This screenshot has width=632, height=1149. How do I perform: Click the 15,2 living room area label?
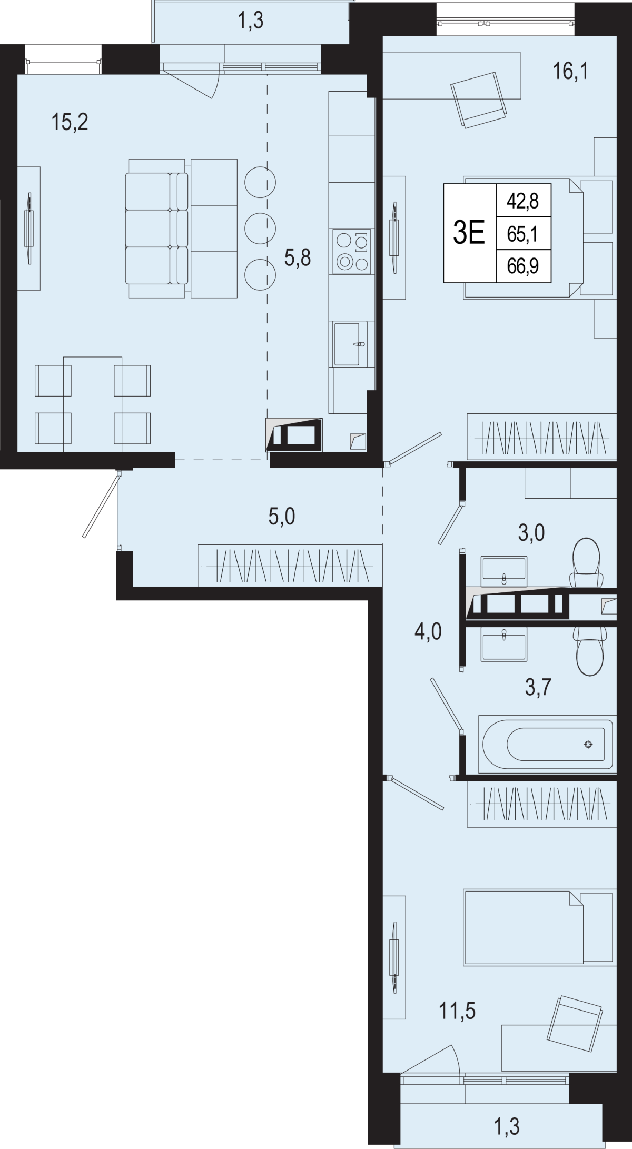[x=69, y=122]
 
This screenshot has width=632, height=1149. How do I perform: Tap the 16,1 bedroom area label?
[x=570, y=71]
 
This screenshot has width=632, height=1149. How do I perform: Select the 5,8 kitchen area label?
[x=298, y=258]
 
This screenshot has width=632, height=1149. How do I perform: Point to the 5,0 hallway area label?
[x=282, y=517]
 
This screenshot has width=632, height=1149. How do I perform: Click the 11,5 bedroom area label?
[x=457, y=1011]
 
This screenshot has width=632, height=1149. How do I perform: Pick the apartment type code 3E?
[x=469, y=233]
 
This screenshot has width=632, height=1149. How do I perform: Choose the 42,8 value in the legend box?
[x=522, y=201]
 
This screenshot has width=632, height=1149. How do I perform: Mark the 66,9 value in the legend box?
[x=522, y=266]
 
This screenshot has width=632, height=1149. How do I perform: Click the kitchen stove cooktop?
[x=351, y=252]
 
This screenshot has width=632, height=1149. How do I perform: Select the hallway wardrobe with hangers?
[x=290, y=565]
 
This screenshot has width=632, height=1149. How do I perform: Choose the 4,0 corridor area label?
[x=428, y=630]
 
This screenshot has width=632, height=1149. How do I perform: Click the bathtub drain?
[x=588, y=744]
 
